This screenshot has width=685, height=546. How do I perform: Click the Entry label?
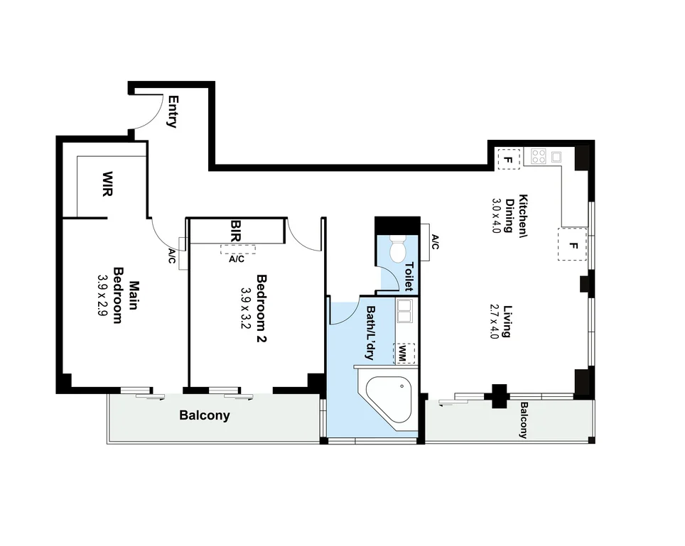tap(171, 111)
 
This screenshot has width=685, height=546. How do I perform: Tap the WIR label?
tap(108, 184)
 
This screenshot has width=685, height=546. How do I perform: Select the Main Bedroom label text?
tap(125, 301)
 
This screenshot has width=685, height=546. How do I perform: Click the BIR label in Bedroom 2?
tap(237, 231)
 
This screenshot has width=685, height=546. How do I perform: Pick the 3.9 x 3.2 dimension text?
tap(246, 310)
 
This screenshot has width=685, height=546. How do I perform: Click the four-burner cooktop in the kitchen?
tap(538, 155)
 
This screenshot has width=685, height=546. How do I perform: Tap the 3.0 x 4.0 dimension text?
tap(497, 219)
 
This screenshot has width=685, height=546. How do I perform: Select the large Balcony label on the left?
tap(205, 415)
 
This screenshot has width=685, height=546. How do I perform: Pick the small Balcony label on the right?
tap(524, 420)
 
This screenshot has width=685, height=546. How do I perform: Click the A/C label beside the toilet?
tap(435, 244)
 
